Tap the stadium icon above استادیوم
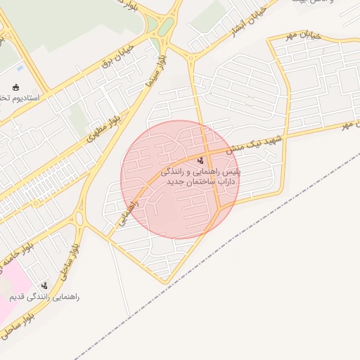(x=15, y=87)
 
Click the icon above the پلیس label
(x=201, y=160)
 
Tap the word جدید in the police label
(x=175, y=182)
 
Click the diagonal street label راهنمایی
(x=127, y=212)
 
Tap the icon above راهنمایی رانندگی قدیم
(x=45, y=285)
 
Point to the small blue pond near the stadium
(x=20, y=68)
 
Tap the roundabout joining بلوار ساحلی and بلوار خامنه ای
(x=79, y=219)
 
